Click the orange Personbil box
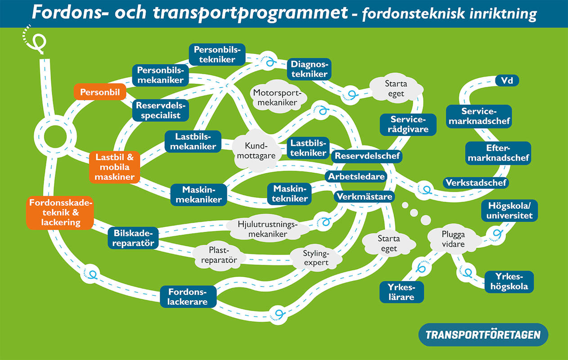pos(99,92)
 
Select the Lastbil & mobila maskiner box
pos(115,167)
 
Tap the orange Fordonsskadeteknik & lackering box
pos(60,212)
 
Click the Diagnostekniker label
pos(309,69)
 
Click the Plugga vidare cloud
pos(453,239)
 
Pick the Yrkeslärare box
pos(401,292)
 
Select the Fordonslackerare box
pos(188,296)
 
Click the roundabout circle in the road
pos(52,135)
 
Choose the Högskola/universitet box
pos(509,211)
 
